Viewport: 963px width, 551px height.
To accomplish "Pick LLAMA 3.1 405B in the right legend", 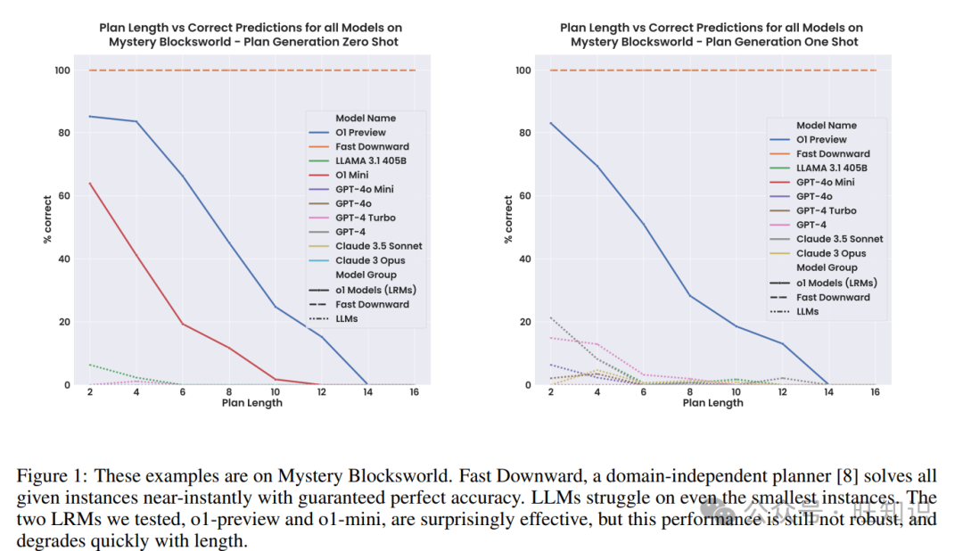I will click(x=832, y=168).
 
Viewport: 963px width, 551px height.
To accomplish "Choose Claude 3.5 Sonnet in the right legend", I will click(x=839, y=239).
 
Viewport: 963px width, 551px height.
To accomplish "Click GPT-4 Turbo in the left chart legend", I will click(x=365, y=218).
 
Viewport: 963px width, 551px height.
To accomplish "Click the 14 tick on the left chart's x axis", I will click(x=367, y=393).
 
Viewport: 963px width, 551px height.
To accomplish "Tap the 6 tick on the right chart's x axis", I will click(x=644, y=393).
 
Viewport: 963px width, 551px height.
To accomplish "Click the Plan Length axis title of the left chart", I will click(x=252, y=403).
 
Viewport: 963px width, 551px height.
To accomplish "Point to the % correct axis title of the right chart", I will click(x=509, y=219).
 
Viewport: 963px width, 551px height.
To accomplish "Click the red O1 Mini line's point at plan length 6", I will click(x=183, y=324).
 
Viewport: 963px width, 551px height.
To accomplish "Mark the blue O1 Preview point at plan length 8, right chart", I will click(x=690, y=296).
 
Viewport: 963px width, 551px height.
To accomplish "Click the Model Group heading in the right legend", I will click(x=826, y=267).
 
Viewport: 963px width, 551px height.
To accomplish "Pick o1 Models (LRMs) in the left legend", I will click(x=375, y=290).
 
